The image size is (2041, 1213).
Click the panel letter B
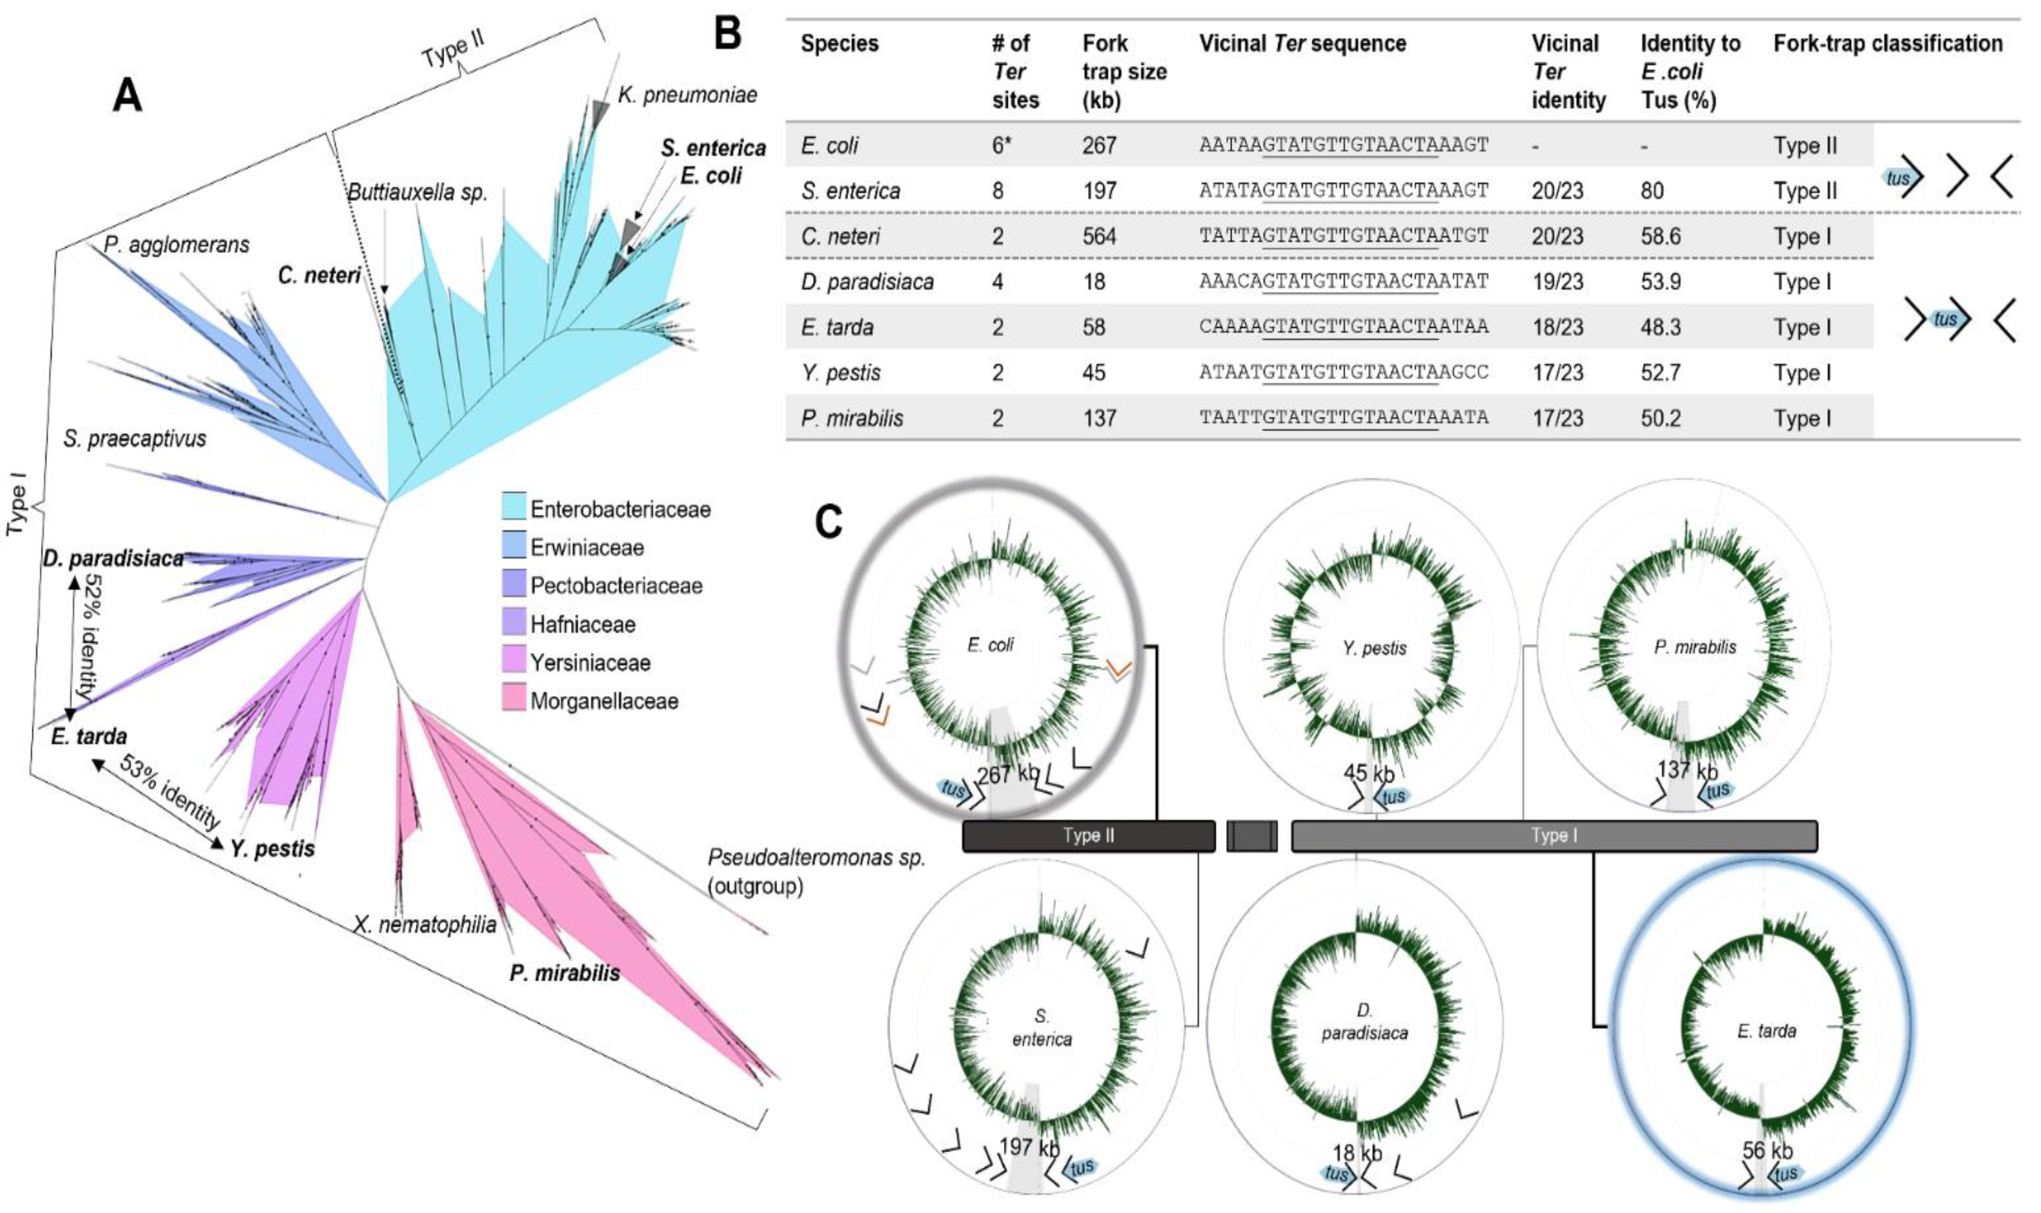point(727,34)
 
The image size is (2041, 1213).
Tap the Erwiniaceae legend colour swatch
point(514,546)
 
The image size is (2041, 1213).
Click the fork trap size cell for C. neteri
point(1099,236)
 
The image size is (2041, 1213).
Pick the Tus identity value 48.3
point(1660,327)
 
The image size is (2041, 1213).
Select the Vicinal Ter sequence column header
point(1302,43)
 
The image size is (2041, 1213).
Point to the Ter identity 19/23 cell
point(1557,281)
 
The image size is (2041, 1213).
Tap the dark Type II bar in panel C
point(1088,835)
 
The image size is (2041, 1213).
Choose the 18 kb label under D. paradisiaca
point(1357,1153)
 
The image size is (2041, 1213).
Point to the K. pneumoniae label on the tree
point(687,95)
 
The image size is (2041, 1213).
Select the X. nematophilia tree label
point(425,924)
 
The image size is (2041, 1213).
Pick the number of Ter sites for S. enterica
point(999,191)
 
